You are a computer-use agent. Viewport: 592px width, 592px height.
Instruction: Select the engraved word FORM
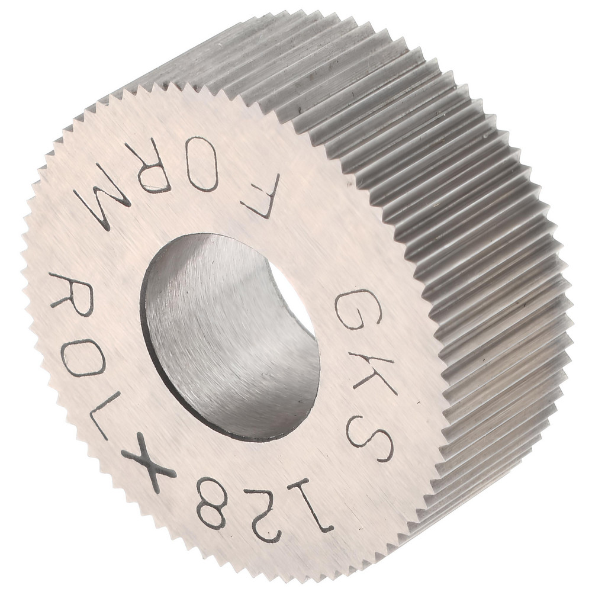178,184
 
